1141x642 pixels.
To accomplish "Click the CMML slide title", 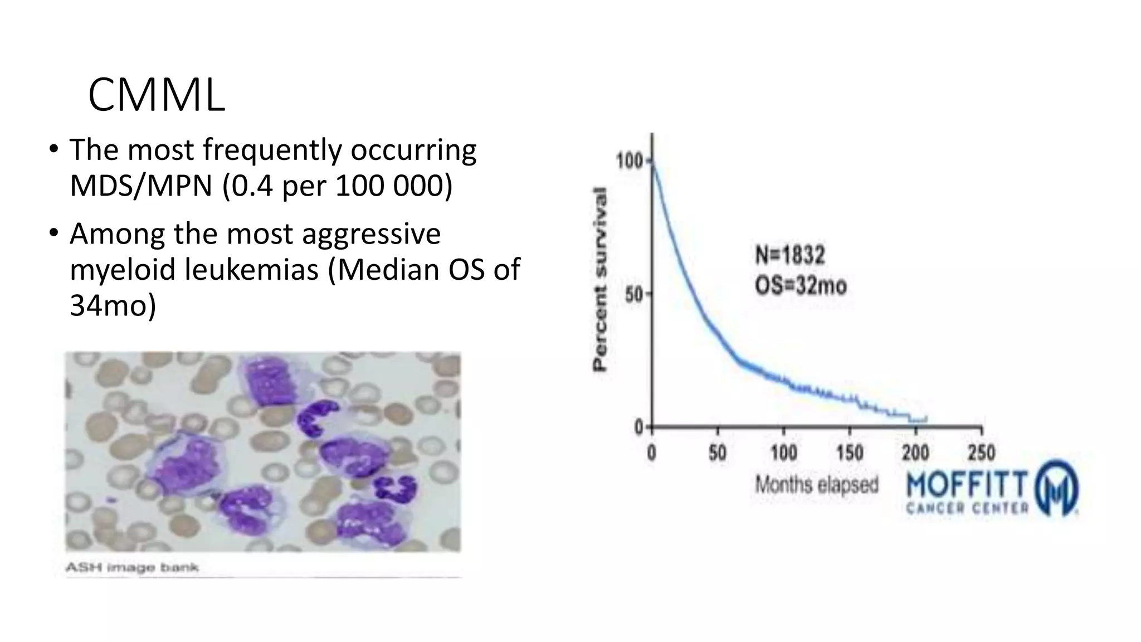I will point(157,95).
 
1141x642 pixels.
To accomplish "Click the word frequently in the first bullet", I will point(271,150).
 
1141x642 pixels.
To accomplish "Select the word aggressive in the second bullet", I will point(371,234).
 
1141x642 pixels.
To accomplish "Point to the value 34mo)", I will point(113,305).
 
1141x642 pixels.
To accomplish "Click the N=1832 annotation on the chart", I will point(789,255).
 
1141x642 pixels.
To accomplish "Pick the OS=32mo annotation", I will point(801,286).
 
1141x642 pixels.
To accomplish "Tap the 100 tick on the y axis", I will point(629,161).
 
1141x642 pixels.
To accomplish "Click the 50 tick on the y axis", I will point(634,294).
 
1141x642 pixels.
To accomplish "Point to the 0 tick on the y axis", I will point(638,427).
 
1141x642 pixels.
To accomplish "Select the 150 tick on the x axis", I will point(849,452).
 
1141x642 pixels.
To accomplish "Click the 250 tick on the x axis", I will point(981,452).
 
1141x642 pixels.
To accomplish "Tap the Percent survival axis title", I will point(599,279).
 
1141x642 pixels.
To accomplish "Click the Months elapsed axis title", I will point(816,485).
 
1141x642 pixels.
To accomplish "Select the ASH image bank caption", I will point(132,568).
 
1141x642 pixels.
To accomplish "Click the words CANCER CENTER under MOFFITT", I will point(967,508).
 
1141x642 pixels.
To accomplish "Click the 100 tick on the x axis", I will point(783,452).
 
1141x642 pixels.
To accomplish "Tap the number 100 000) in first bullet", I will point(394,186).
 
